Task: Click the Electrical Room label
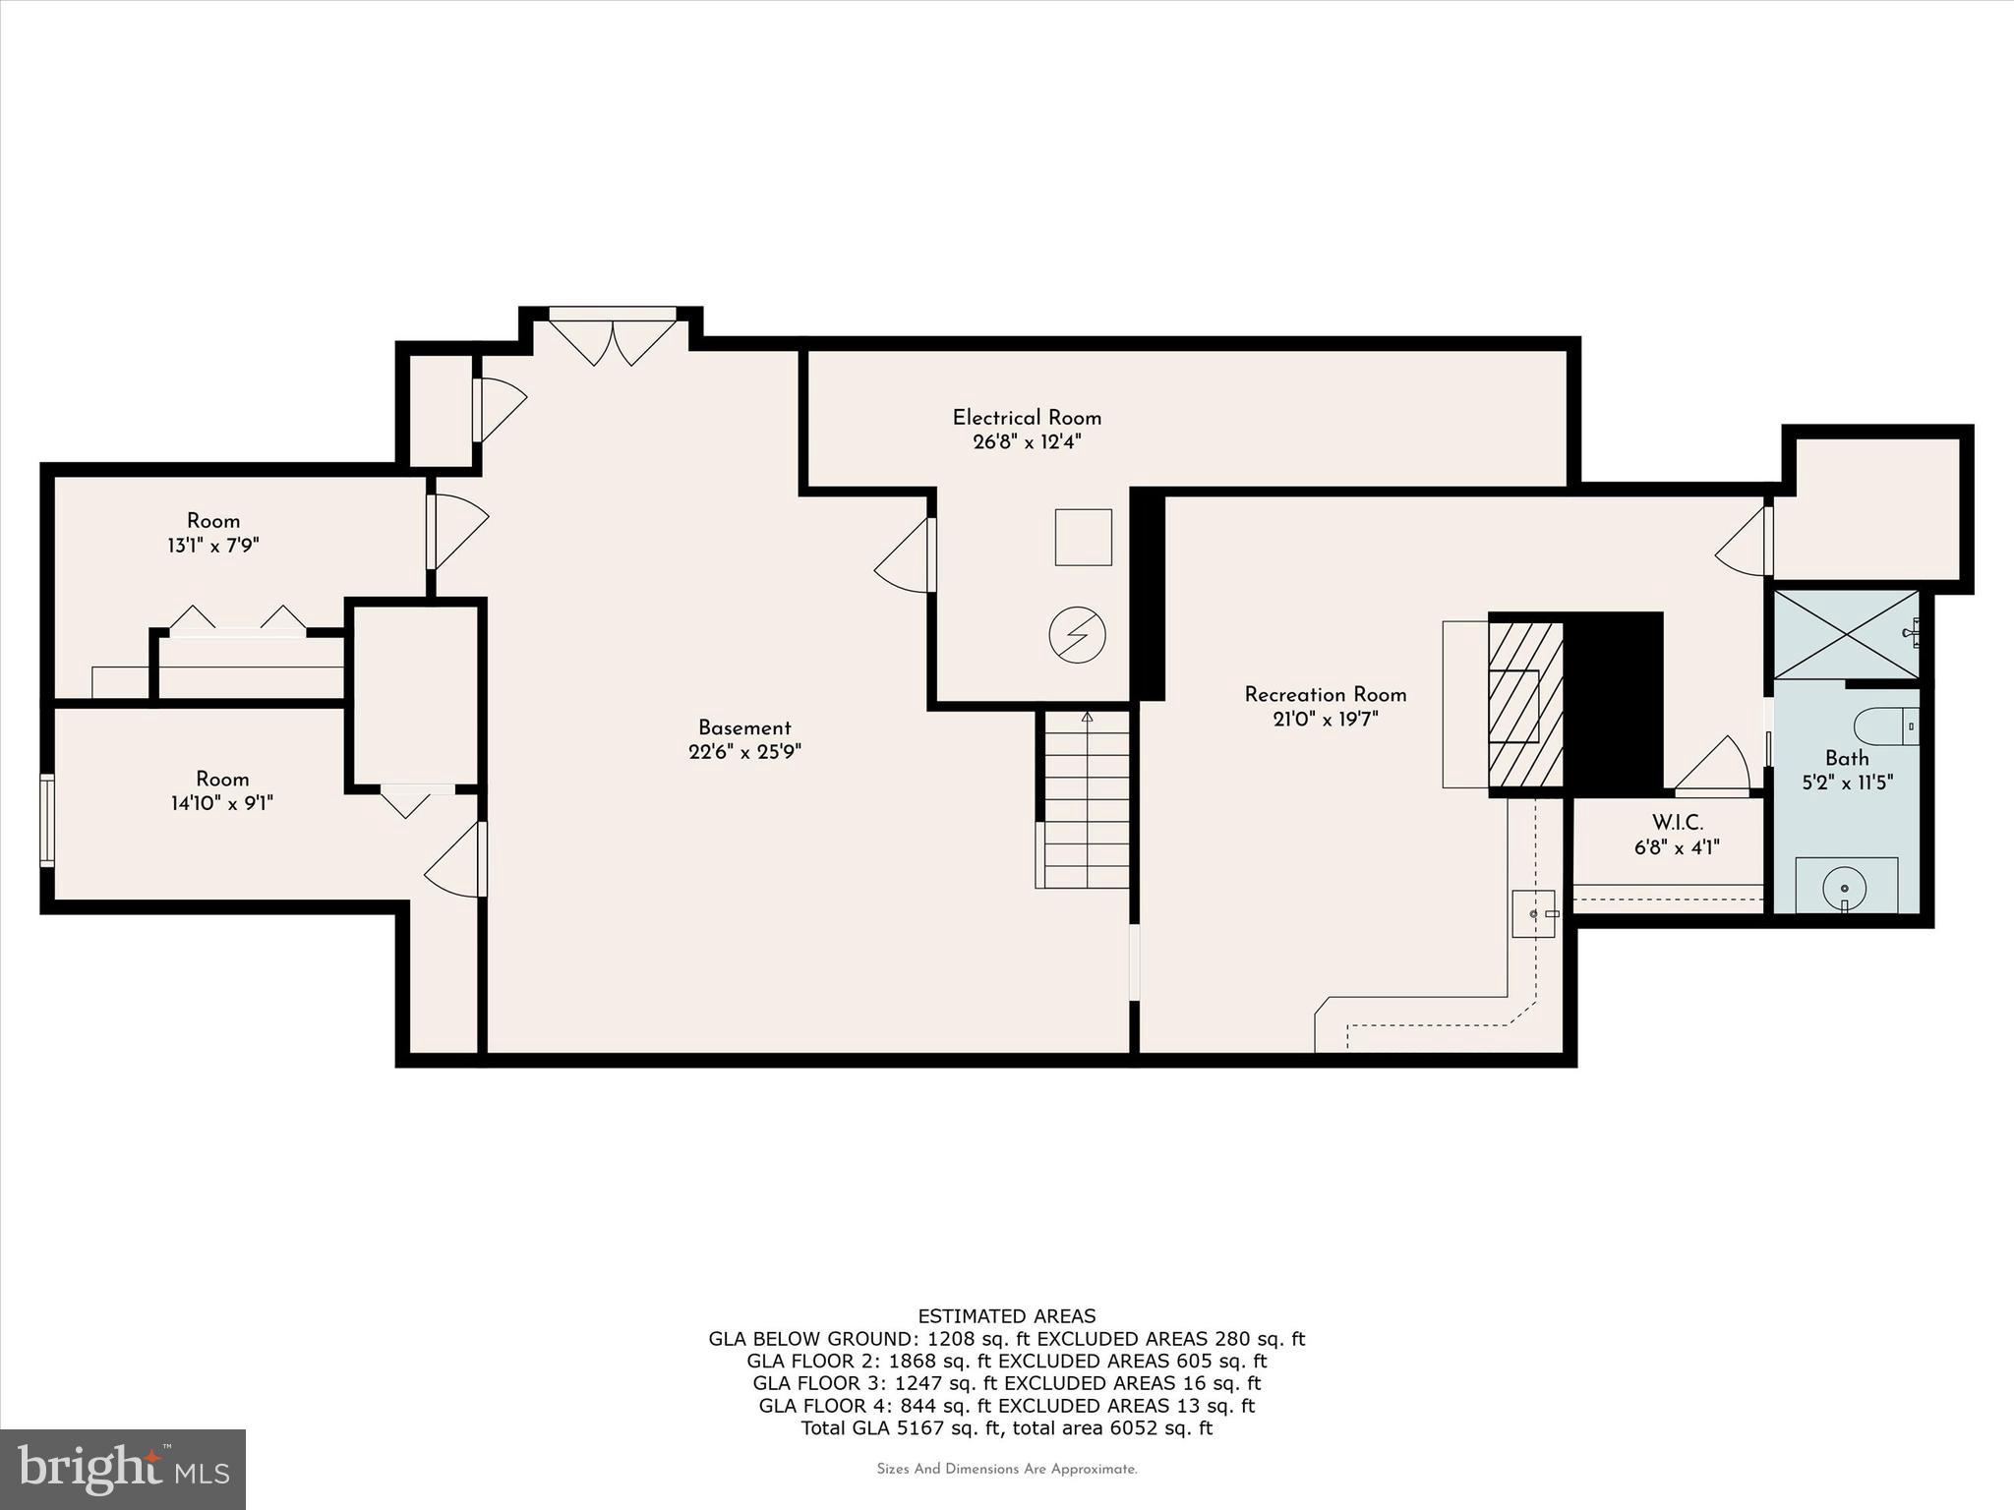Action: (1027, 418)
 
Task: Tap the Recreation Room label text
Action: (1325, 695)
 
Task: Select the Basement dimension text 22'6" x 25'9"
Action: (744, 752)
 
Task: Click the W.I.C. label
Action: (1677, 823)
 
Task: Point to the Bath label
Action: (1846, 758)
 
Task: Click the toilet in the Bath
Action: (1885, 727)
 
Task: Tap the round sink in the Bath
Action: (1845, 887)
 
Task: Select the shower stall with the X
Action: (1845, 634)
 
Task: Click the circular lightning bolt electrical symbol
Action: (1077, 634)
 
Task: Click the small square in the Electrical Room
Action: (1083, 537)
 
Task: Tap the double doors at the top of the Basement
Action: (612, 337)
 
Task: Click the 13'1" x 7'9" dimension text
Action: (212, 546)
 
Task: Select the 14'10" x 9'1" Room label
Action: (221, 779)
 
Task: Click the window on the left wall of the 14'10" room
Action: (46, 820)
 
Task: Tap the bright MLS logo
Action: (123, 1468)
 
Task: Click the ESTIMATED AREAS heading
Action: (1006, 1316)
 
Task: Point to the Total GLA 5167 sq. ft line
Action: (1006, 1428)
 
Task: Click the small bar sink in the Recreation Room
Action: (1533, 913)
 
